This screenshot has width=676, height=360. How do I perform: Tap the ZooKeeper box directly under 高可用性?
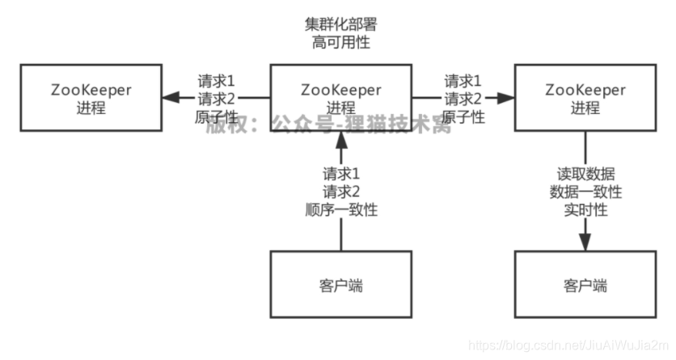340,98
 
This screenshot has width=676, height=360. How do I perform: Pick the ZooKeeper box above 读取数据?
585,98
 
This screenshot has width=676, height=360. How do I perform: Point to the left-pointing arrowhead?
169,98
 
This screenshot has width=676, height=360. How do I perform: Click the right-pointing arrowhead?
507,98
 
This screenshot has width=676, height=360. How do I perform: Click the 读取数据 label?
585,175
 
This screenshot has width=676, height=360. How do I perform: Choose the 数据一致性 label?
585,193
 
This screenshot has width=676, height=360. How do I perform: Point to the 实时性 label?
585,210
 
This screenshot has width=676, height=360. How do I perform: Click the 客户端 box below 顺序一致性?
340,284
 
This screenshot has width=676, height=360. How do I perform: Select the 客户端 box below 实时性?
585,284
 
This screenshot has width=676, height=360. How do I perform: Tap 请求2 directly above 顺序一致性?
340,193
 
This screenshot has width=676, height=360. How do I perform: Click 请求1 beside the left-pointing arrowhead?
217,81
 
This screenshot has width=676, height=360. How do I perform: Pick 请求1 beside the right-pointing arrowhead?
463,81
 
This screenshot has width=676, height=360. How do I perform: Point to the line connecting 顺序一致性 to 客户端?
340,235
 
